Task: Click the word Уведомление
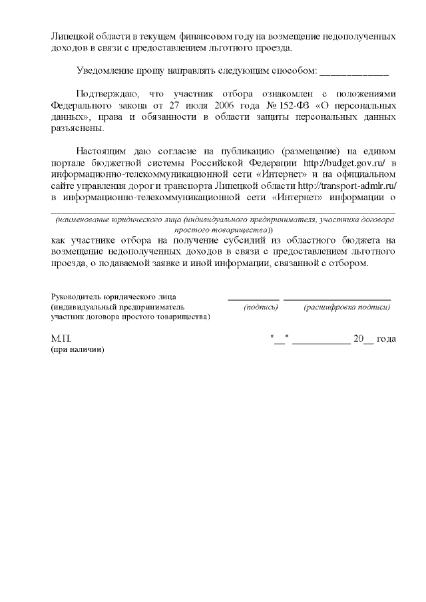[x=106, y=70]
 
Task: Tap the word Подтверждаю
[x=107, y=93]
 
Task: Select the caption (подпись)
[x=261, y=307]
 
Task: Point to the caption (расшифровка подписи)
[x=346, y=307]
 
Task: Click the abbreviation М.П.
[x=61, y=339]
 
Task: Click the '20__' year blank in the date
[x=363, y=339]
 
